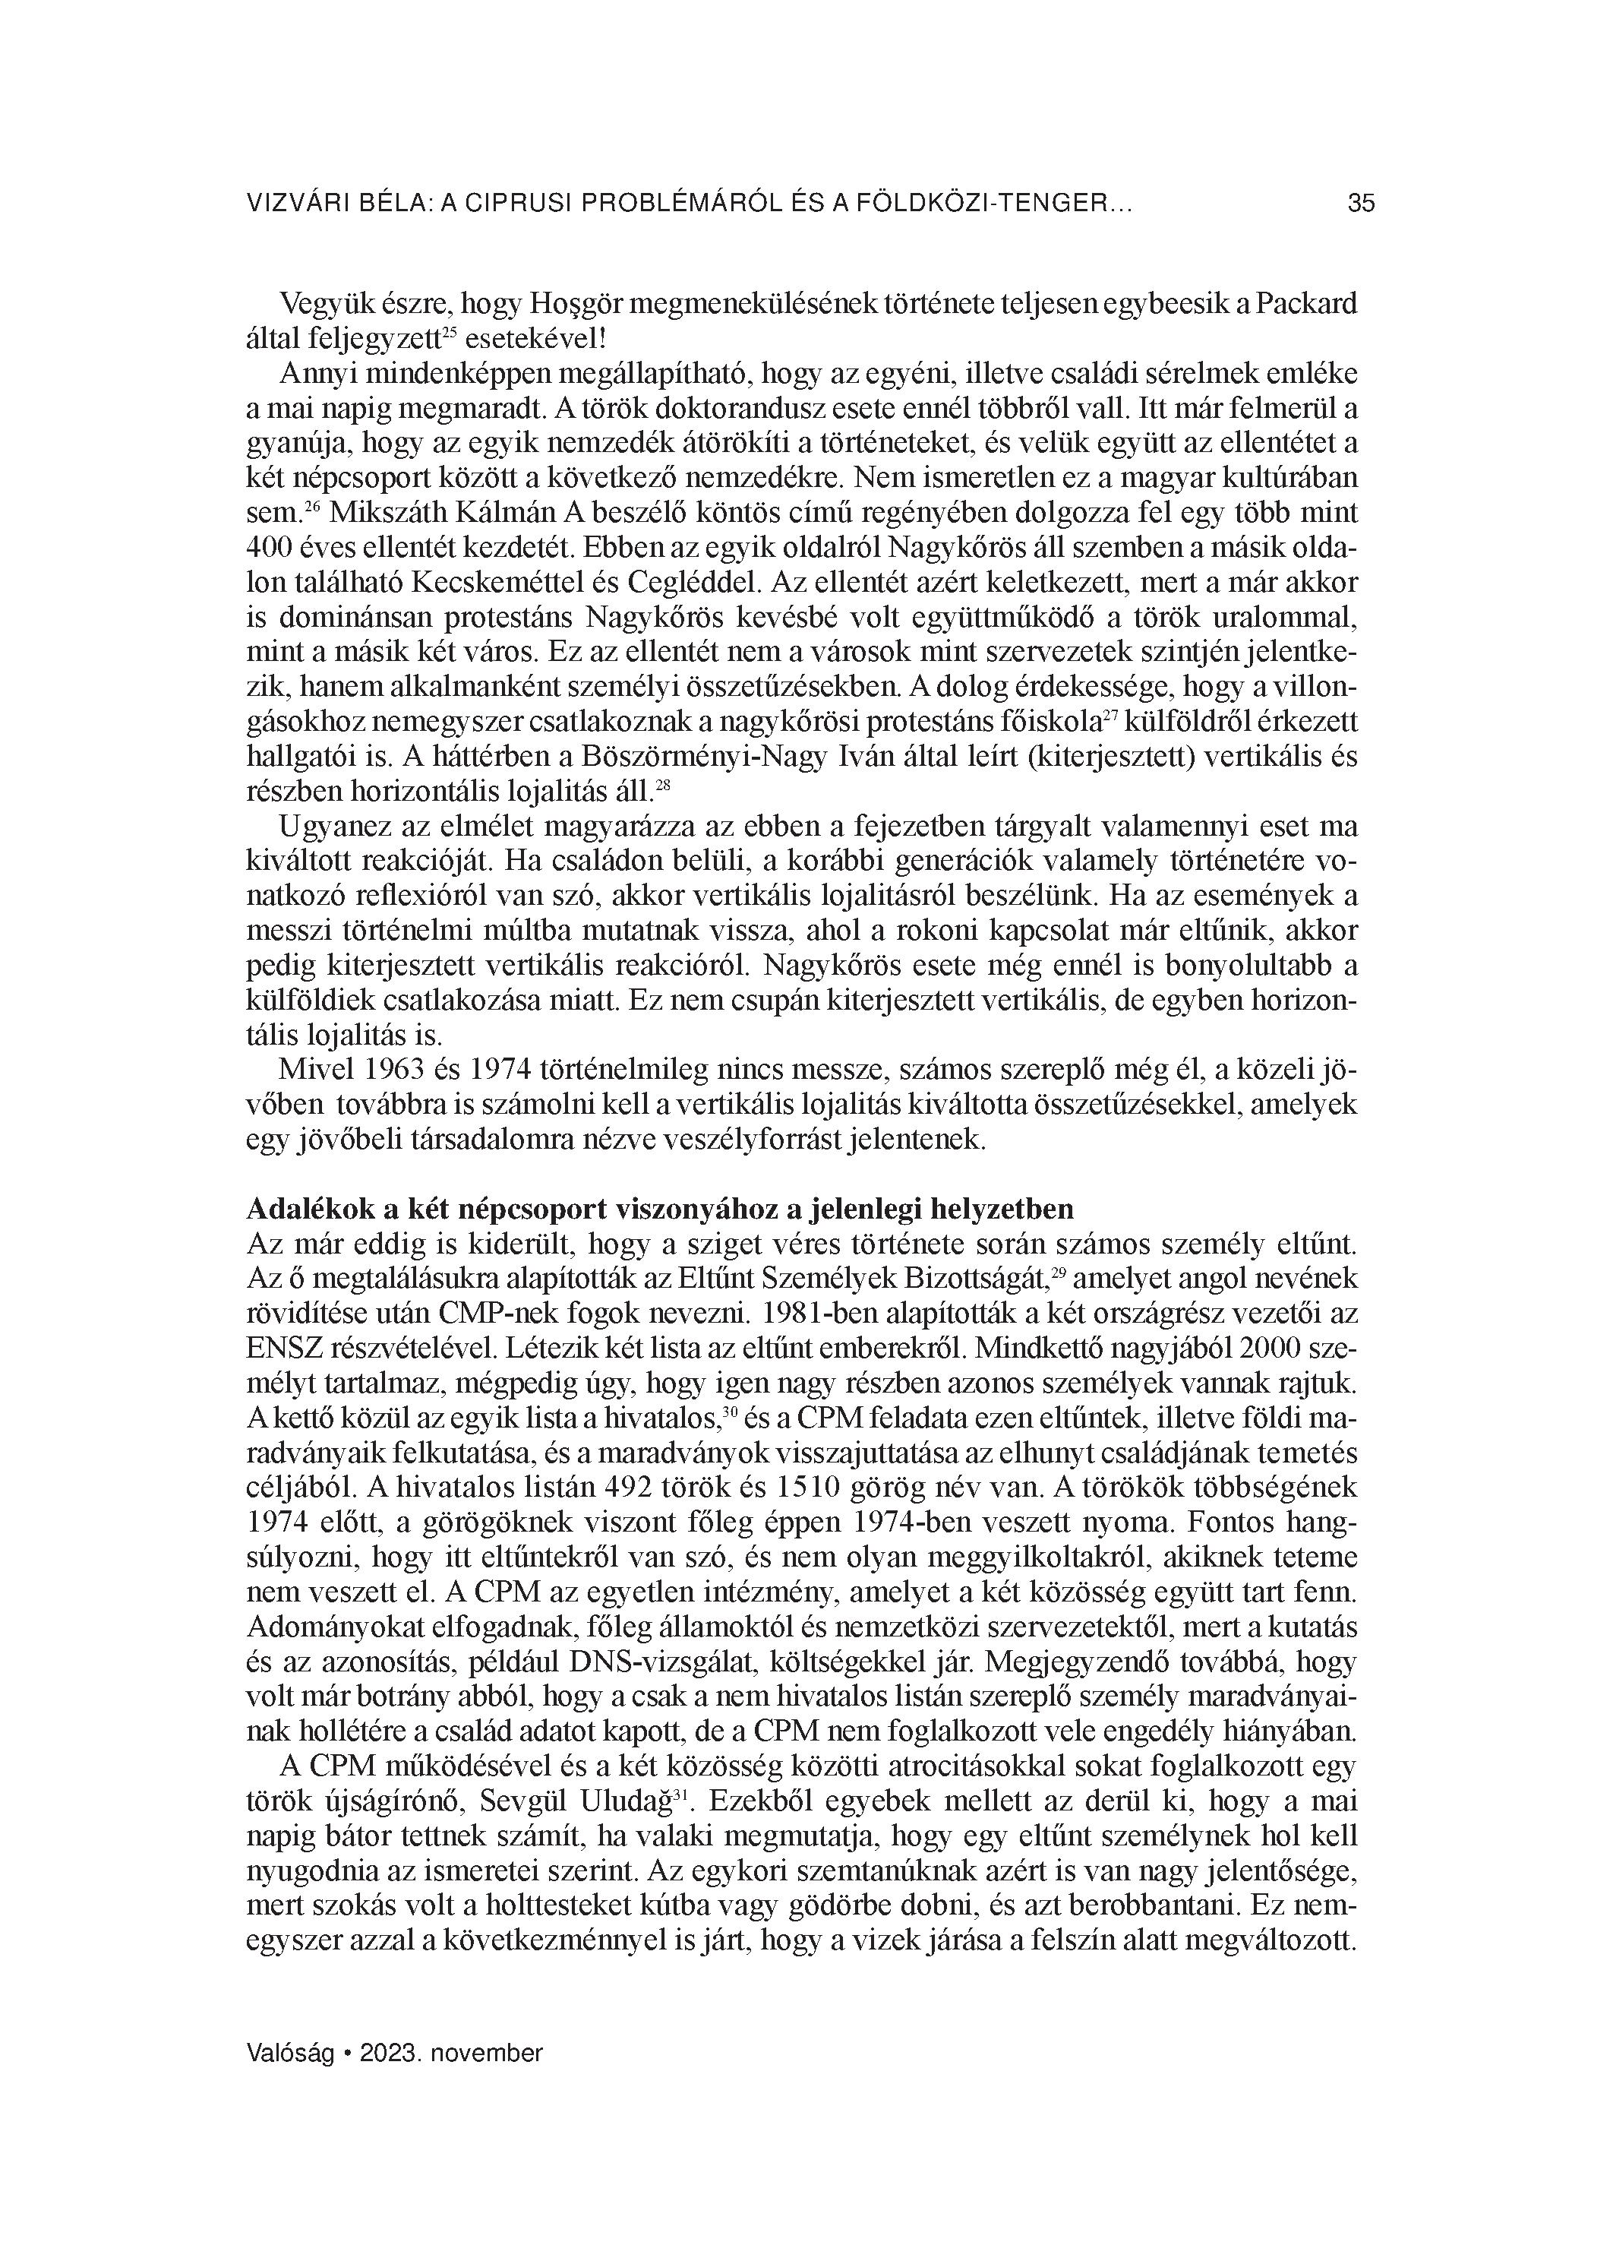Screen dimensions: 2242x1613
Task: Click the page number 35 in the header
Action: click(1360, 204)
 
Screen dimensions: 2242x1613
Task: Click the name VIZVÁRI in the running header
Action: click(291, 204)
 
